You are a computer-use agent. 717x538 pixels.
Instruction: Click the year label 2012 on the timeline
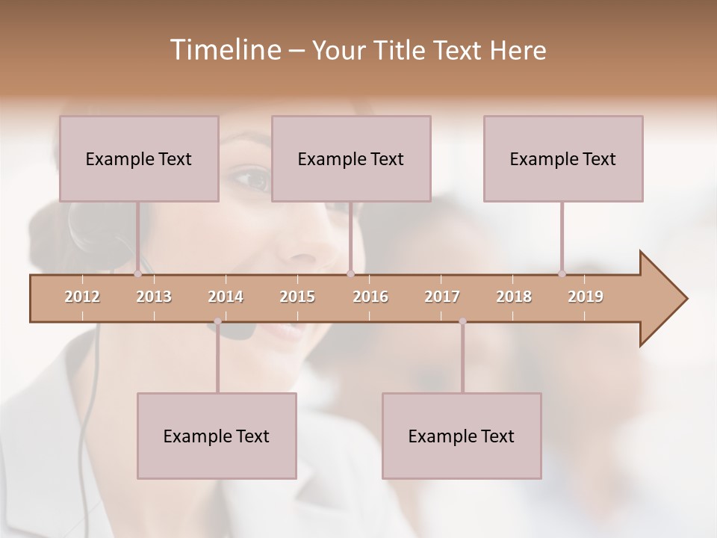[82, 297]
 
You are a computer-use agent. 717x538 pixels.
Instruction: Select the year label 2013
[154, 297]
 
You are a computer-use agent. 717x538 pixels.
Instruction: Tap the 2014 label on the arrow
[226, 297]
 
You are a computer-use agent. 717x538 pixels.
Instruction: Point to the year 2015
[297, 297]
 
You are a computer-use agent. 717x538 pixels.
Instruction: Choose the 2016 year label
[370, 297]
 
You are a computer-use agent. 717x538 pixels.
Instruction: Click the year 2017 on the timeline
[442, 297]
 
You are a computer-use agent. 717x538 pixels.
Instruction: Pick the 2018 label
[514, 297]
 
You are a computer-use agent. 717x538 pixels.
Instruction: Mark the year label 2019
[586, 297]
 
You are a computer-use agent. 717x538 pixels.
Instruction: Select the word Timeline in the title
[224, 50]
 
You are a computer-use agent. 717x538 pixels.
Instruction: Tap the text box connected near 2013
[139, 158]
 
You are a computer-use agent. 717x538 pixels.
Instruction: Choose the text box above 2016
[351, 158]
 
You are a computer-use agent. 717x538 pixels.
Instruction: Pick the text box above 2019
[563, 158]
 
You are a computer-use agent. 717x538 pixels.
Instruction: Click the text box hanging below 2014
[217, 436]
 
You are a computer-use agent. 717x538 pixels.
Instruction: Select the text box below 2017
[462, 436]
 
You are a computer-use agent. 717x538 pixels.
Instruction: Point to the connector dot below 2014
[217, 321]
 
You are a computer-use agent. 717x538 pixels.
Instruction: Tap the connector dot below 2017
[462, 321]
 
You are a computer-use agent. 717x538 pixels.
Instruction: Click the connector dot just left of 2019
[562, 273]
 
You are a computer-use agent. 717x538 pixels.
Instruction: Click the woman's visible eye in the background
[252, 179]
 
